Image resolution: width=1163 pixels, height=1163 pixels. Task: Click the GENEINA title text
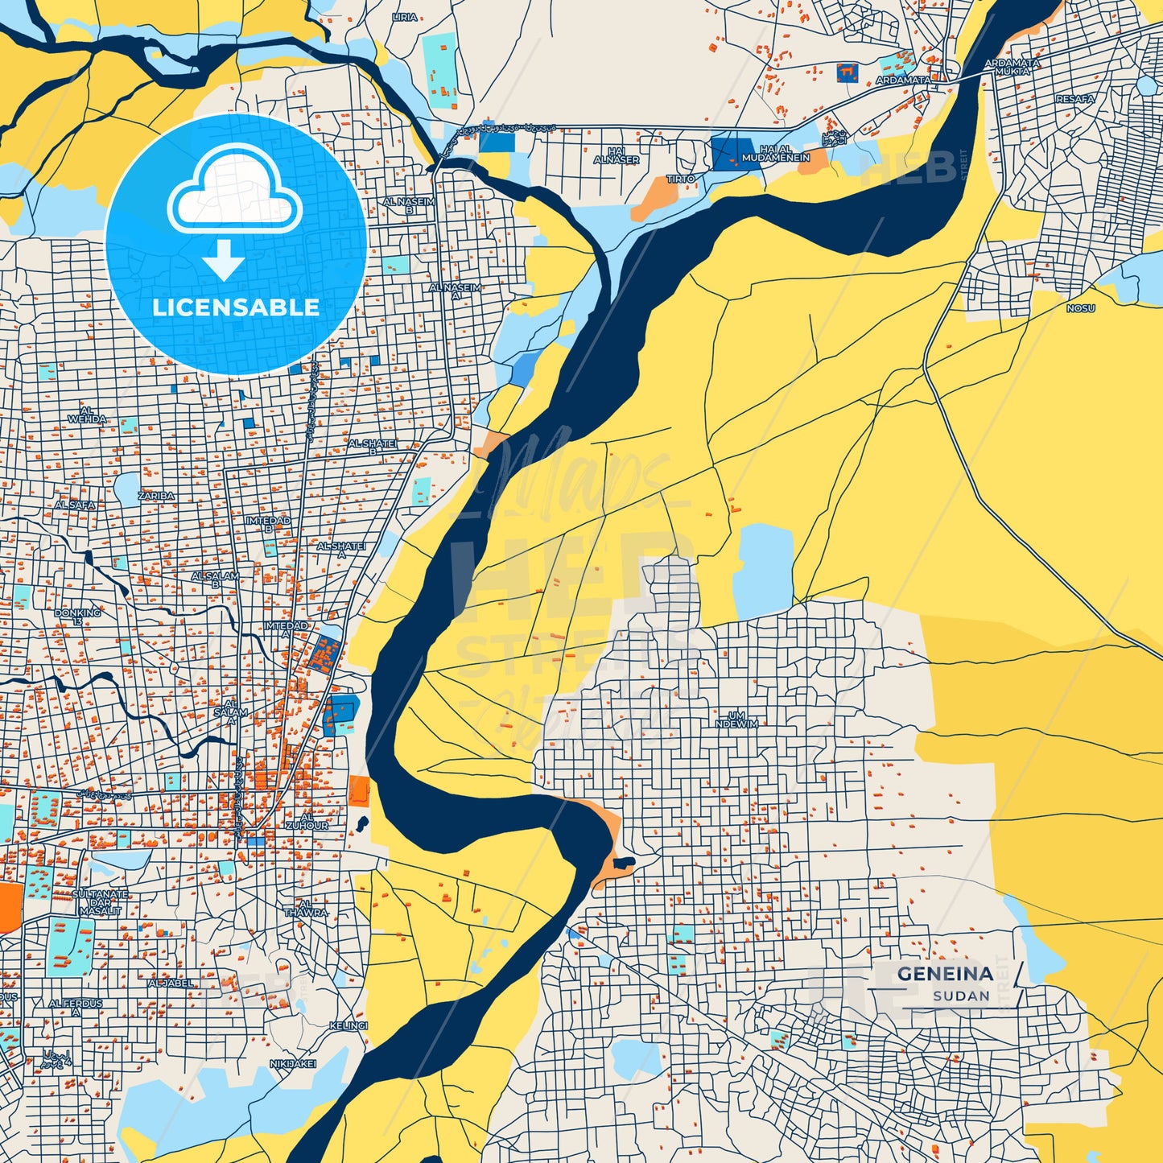[x=944, y=973]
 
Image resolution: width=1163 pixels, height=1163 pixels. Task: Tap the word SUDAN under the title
[x=961, y=996]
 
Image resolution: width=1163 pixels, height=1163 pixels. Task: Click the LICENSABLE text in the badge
[x=236, y=307]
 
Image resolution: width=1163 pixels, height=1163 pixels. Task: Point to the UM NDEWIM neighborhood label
[x=736, y=720]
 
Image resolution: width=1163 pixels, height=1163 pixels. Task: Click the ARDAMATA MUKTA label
[x=1012, y=67]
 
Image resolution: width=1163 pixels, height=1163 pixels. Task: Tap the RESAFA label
[x=1074, y=99]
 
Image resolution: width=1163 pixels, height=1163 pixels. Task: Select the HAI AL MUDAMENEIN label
[x=776, y=154]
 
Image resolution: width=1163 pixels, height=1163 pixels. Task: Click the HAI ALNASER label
[x=617, y=155]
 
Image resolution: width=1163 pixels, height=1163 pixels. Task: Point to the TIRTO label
[x=680, y=179]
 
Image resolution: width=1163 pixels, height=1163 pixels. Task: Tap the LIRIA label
[x=404, y=17]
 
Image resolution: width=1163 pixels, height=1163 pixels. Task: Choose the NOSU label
[x=1080, y=308]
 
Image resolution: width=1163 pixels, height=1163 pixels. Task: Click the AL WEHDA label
[x=87, y=415]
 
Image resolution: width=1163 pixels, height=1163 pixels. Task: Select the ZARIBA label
[x=156, y=496]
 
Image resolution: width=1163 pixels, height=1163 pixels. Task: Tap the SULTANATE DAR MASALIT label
[x=101, y=902]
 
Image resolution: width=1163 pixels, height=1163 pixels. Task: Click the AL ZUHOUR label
[x=307, y=821]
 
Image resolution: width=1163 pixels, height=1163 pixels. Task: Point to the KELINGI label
[x=348, y=1025]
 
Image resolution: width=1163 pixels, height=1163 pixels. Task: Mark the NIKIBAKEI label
[x=293, y=1064]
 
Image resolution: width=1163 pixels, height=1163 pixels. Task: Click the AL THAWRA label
[x=306, y=908]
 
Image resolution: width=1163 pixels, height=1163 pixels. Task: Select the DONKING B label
[x=78, y=617]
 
